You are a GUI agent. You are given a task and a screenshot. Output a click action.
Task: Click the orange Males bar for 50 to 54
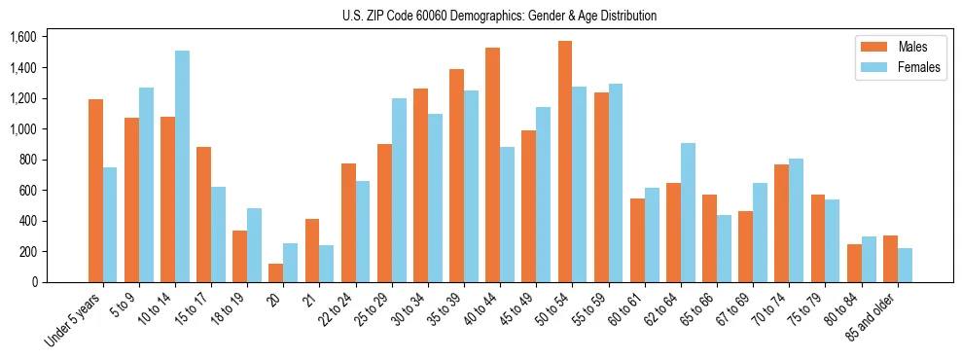coord(565,162)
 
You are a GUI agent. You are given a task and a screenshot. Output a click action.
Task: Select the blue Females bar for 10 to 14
coord(182,166)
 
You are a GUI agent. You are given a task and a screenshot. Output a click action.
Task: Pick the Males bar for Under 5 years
coord(95,191)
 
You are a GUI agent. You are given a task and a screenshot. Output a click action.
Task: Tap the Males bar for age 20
coord(276,272)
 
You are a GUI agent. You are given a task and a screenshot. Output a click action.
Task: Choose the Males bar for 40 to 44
coord(492,164)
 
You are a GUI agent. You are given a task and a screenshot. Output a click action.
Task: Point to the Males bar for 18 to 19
coord(240,256)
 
